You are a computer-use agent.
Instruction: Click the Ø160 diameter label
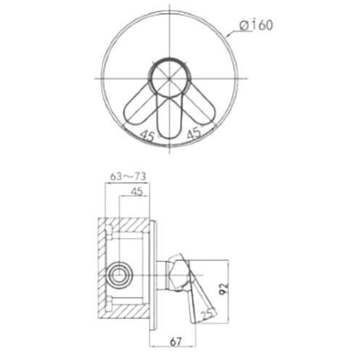(256, 25)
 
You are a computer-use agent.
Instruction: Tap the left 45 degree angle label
(147, 136)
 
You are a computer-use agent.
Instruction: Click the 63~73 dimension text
(128, 176)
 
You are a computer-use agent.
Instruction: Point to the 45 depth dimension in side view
(136, 191)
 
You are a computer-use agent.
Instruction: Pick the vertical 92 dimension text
(224, 289)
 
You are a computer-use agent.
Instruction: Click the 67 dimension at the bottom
(176, 342)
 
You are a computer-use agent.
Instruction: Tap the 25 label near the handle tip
(207, 315)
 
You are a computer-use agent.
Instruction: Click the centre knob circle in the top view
(170, 78)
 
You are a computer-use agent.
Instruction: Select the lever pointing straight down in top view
(170, 117)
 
